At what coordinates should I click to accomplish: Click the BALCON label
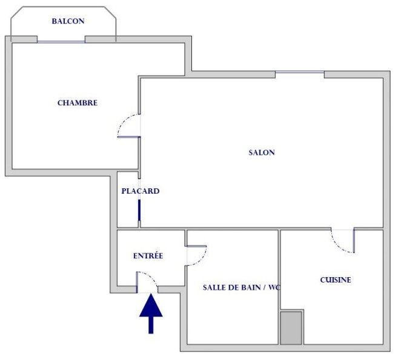coord(68,21)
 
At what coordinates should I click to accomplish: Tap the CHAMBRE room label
coord(78,103)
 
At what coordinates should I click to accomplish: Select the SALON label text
coord(262,152)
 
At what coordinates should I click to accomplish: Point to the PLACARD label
coord(140,191)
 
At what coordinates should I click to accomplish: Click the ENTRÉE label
coord(148,256)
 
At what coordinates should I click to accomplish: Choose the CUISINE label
coord(335,280)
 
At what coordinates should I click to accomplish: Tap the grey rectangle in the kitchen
coord(291,328)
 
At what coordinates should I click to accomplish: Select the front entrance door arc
coord(148,280)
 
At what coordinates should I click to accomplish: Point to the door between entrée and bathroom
coord(196,255)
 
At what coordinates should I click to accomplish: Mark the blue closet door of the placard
coord(140,209)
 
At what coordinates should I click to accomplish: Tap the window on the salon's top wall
coord(299,74)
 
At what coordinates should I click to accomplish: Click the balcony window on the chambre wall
coord(61,41)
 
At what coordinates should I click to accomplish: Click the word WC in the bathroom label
coord(279,287)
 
